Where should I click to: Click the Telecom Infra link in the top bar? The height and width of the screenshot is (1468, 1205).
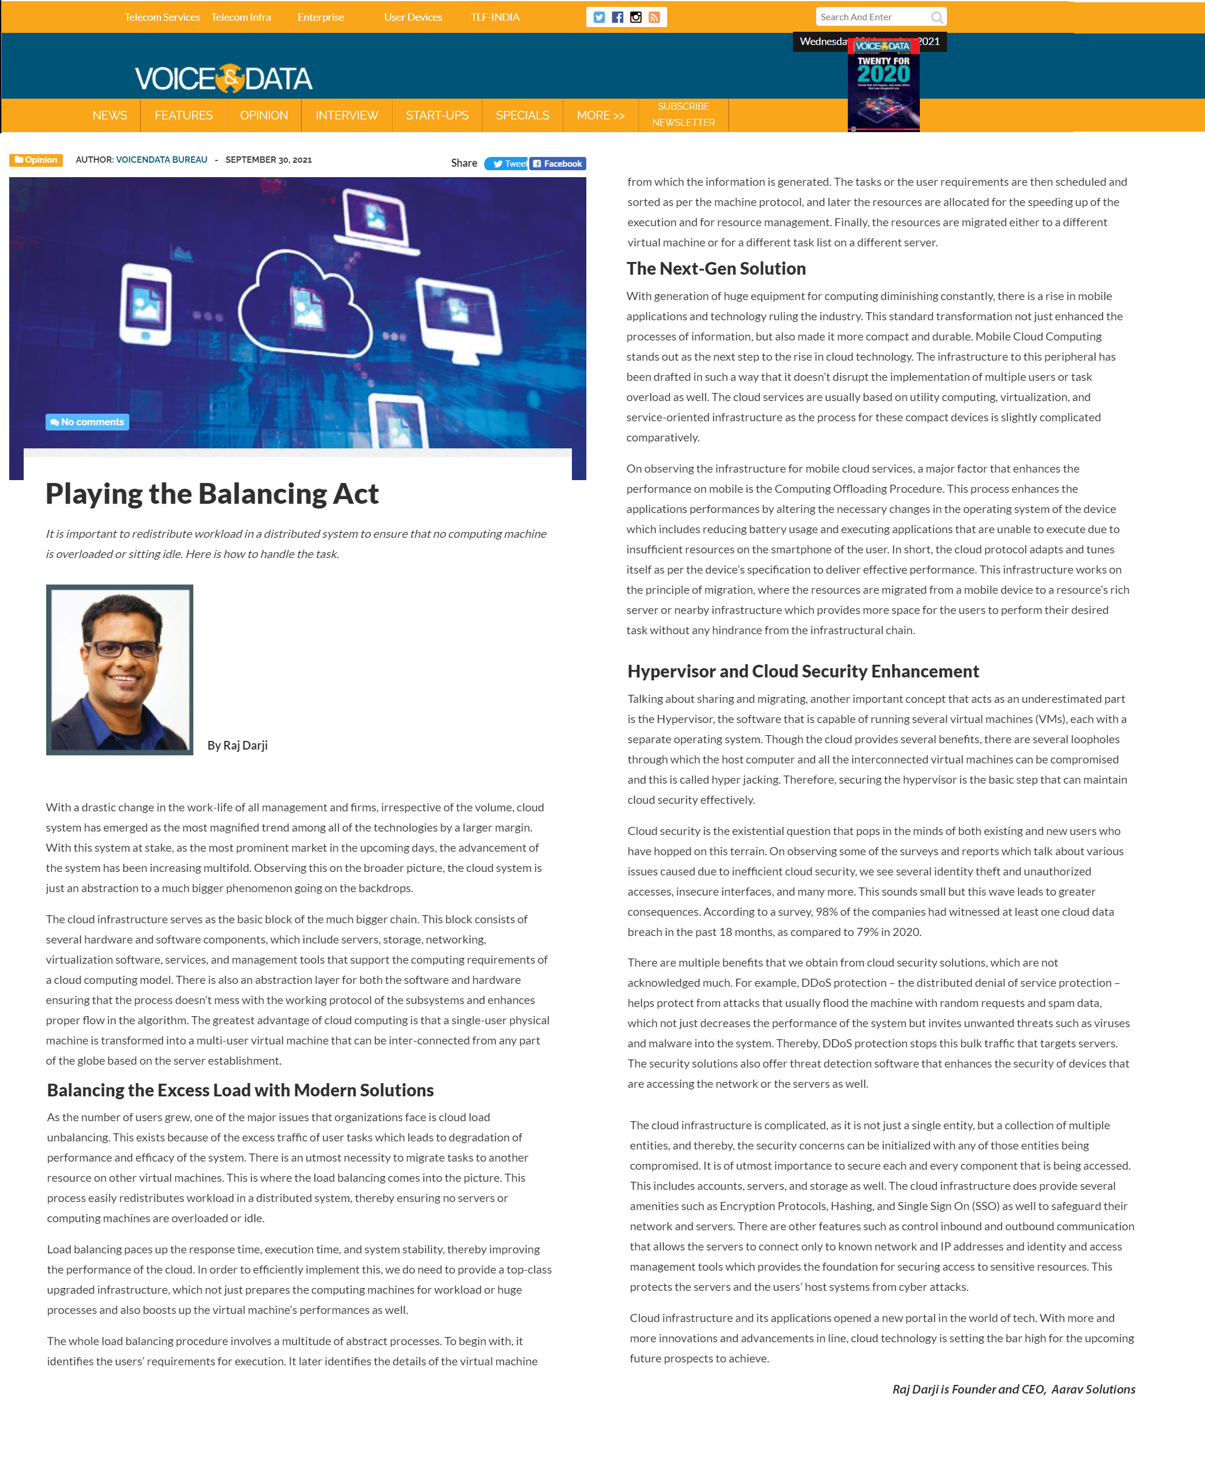click(x=241, y=17)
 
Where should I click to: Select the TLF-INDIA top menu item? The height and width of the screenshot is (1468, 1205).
click(x=495, y=17)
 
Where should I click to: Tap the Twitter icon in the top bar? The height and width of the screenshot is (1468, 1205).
click(x=599, y=17)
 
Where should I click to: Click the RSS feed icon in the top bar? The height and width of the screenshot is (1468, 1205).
click(x=654, y=17)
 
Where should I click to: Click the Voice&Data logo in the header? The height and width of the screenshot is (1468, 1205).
click(x=223, y=78)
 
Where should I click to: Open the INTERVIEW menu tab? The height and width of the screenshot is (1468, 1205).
click(x=346, y=115)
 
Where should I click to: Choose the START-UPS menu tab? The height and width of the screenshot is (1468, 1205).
click(x=437, y=115)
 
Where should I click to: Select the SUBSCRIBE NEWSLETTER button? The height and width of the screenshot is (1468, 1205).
click(x=683, y=114)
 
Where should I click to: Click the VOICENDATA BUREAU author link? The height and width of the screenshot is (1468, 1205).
click(x=162, y=160)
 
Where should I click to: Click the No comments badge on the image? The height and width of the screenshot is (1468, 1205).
click(x=88, y=422)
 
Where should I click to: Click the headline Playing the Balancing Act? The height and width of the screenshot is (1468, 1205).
click(x=212, y=494)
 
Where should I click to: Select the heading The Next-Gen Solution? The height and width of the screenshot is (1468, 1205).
click(x=716, y=268)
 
